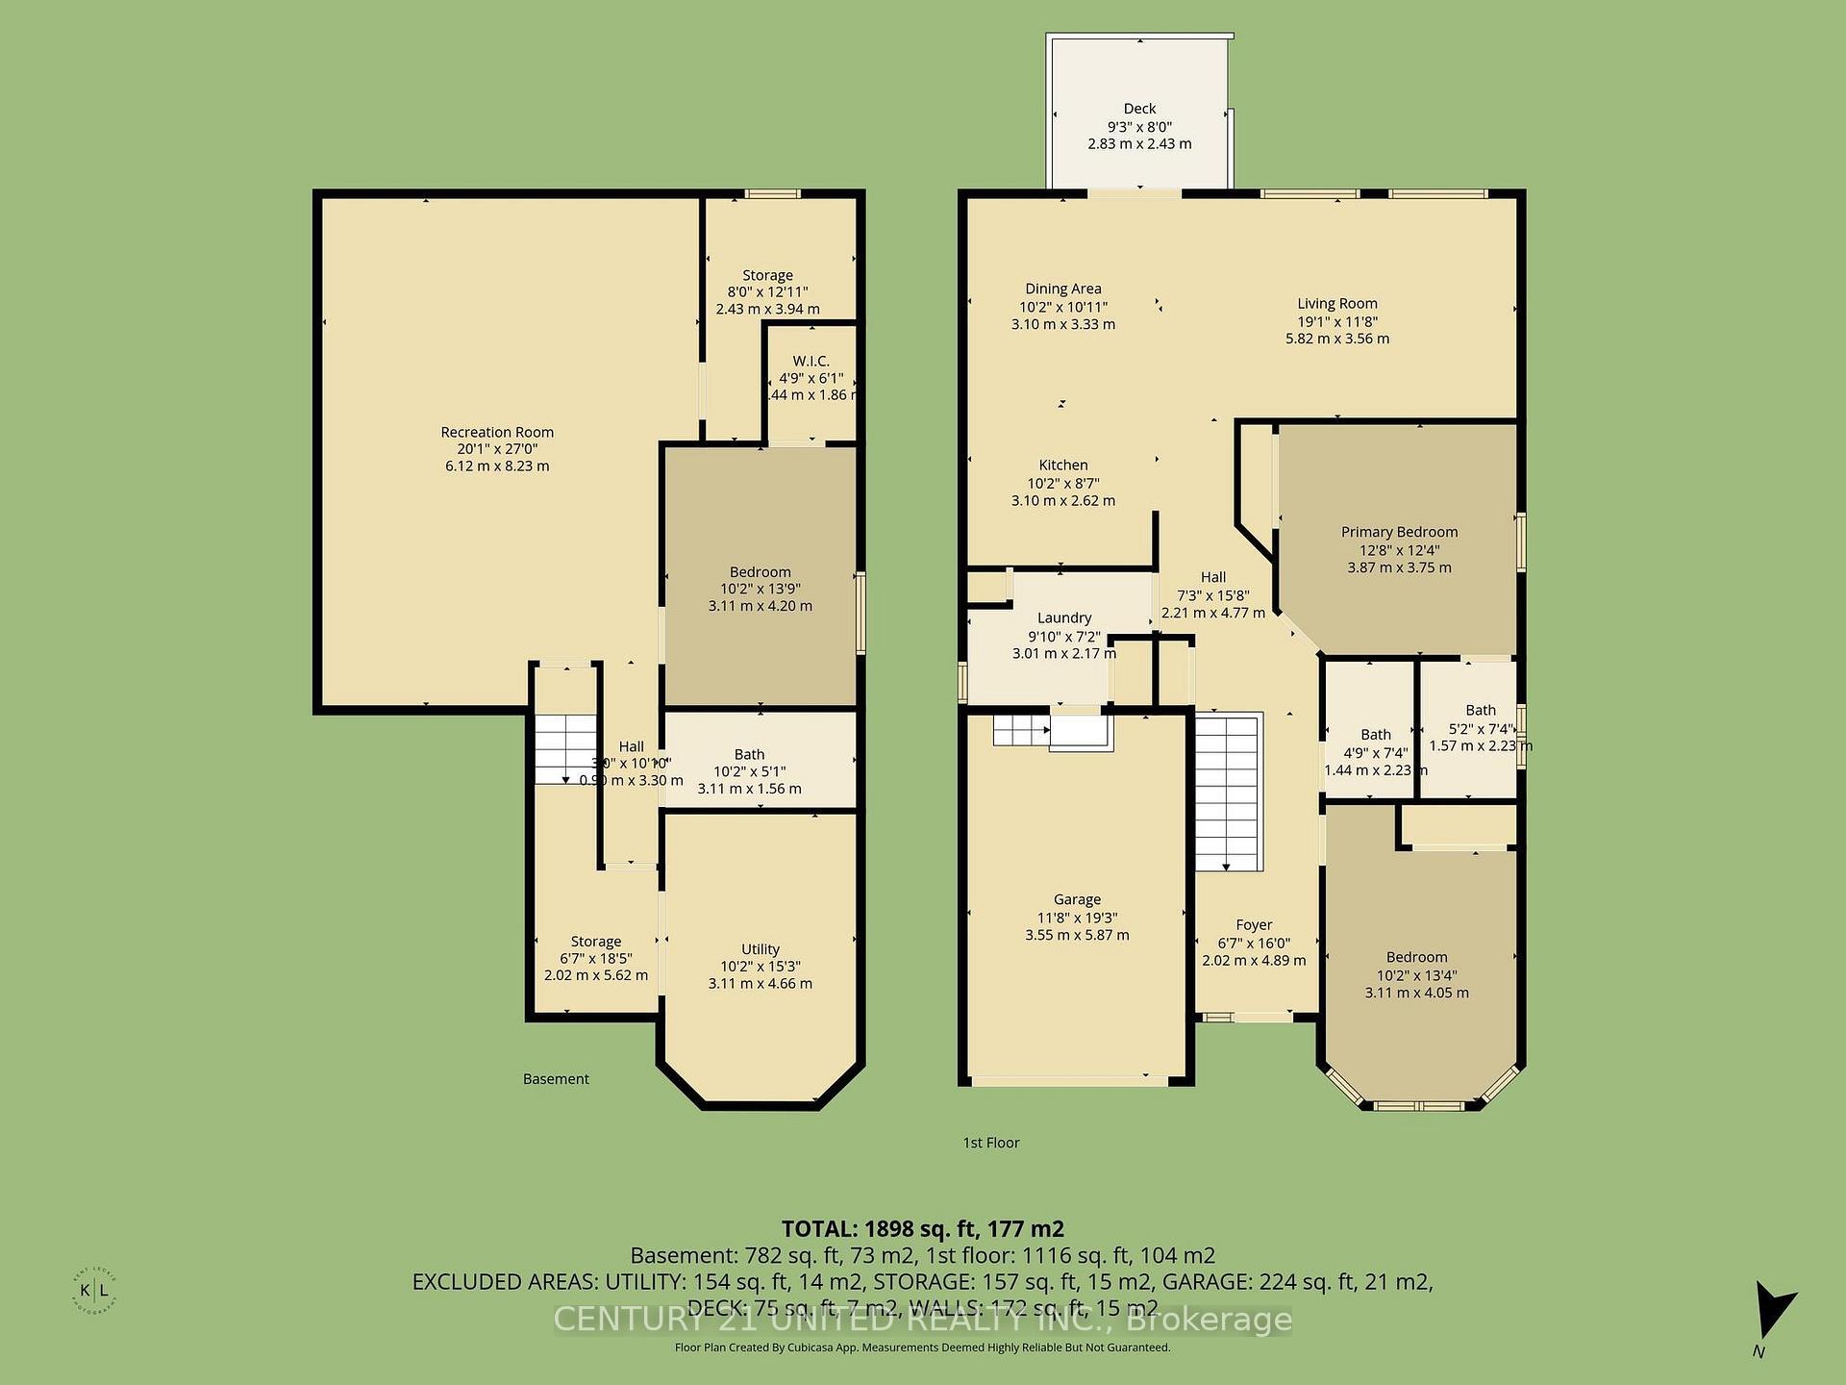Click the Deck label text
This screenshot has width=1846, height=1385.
(1139, 109)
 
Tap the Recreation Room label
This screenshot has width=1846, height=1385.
(497, 432)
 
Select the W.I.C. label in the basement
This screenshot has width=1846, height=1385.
(811, 361)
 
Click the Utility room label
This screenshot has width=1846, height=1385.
(760, 948)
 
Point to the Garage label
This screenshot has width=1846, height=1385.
(1077, 899)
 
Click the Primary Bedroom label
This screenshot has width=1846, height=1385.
(1399, 532)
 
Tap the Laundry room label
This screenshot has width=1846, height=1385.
(1063, 617)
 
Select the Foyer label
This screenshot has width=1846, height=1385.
(1254, 924)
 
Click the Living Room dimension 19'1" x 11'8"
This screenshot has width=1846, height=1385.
(1336, 321)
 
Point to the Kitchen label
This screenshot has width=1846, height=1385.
(1062, 465)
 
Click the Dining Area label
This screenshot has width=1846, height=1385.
(1062, 289)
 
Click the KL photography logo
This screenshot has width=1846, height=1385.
(93, 1291)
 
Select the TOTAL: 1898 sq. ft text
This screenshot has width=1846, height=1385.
(922, 1228)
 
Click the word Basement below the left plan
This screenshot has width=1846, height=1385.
(556, 1079)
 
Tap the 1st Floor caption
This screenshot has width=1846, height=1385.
(990, 1143)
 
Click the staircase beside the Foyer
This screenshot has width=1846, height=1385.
(1228, 791)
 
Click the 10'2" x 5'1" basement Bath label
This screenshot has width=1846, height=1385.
(749, 771)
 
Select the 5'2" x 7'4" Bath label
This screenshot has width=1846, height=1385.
(1480, 728)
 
